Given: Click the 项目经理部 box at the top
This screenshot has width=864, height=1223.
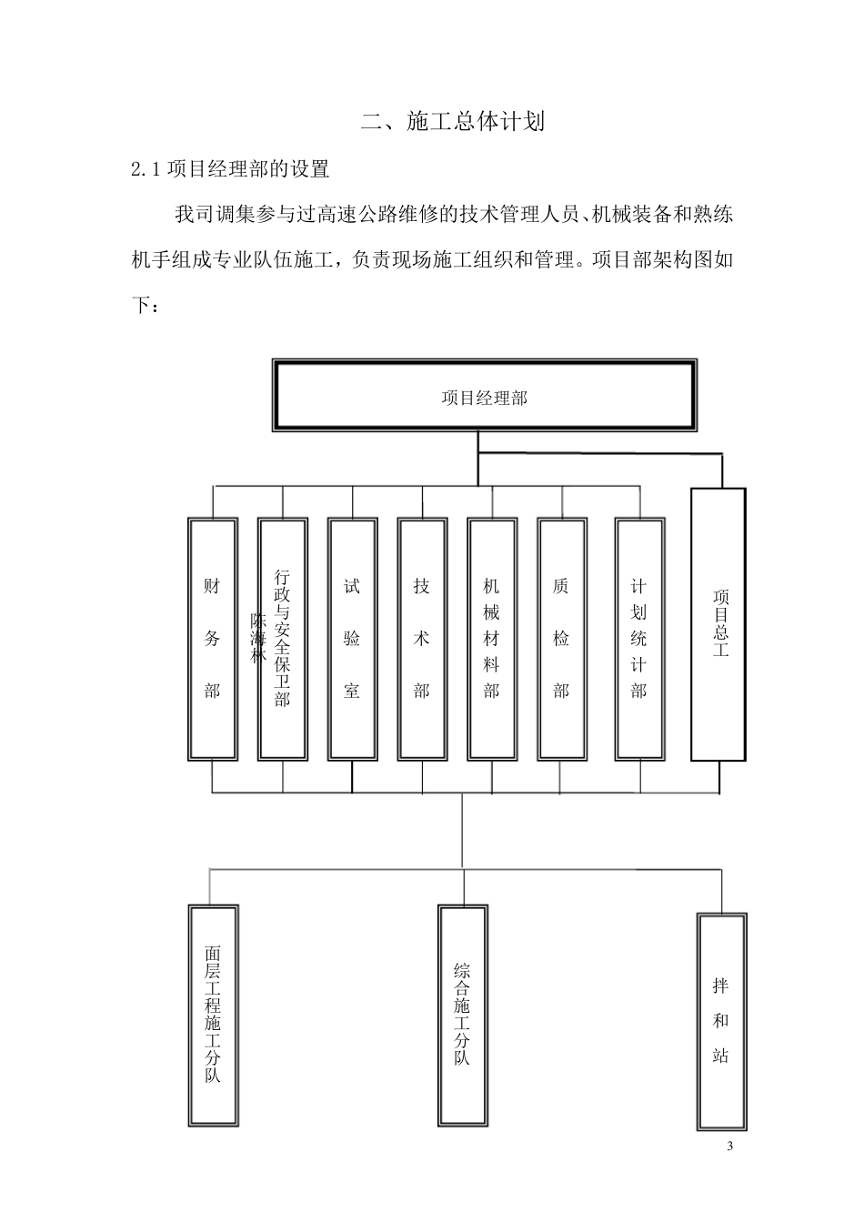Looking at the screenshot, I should pyautogui.click(x=485, y=397).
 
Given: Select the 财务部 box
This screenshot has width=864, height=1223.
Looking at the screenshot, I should pyautogui.click(x=212, y=639).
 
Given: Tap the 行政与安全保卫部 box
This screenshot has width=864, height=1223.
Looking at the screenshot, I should pyautogui.click(x=282, y=639).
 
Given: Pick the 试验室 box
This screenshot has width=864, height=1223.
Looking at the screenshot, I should pyautogui.click(x=352, y=639).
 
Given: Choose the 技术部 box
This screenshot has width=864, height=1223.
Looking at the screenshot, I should pyautogui.click(x=421, y=639).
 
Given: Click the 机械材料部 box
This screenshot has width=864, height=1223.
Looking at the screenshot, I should pyautogui.click(x=491, y=639).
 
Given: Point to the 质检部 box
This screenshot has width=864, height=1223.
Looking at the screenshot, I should pyautogui.click(x=561, y=639).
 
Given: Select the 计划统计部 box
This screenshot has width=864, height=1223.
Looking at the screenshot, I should pyautogui.click(x=638, y=639).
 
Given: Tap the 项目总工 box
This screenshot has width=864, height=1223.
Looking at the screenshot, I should pyautogui.click(x=719, y=624).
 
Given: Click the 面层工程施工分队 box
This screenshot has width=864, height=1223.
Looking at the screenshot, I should pyautogui.click(x=212, y=1016).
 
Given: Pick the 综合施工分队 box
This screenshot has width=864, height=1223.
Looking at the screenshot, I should pyautogui.click(x=462, y=1016).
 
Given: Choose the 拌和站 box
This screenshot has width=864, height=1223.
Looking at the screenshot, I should pyautogui.click(x=721, y=1021).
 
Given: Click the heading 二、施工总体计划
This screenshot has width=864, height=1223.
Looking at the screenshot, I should pyautogui.click(x=453, y=121).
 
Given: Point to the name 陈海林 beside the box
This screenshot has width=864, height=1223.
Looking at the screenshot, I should pyautogui.click(x=258, y=637).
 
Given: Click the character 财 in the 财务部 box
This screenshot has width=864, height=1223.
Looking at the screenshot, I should pyautogui.click(x=212, y=587).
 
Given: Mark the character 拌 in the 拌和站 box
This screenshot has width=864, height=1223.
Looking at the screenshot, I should pyautogui.click(x=721, y=985).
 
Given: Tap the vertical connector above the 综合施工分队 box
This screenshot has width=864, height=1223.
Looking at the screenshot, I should pyautogui.click(x=463, y=886).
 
